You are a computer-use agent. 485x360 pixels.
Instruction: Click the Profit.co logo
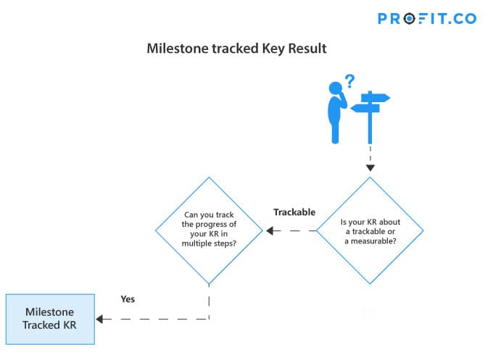427,19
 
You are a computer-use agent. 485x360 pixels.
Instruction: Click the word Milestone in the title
178,49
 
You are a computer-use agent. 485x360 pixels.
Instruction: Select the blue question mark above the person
350,81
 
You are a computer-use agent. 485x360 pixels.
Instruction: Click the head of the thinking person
335,88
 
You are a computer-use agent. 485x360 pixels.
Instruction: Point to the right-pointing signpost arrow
376,98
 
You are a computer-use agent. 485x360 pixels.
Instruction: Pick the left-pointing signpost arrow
365,108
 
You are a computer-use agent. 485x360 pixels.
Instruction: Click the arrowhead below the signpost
370,168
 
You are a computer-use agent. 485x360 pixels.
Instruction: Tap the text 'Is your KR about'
370,222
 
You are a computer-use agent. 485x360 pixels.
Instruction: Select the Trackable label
294,212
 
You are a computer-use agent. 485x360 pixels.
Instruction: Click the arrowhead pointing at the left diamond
270,230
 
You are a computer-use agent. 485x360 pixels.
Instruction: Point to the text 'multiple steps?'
209,243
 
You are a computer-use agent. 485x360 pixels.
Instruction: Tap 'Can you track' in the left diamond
209,214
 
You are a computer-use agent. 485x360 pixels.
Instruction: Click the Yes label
128,299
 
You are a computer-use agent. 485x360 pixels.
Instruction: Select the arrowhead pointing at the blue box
99,319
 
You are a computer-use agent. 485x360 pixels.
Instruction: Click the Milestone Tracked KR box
50,319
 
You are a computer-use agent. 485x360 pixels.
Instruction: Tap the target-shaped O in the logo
409,19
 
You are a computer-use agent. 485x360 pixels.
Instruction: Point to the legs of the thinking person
335,131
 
